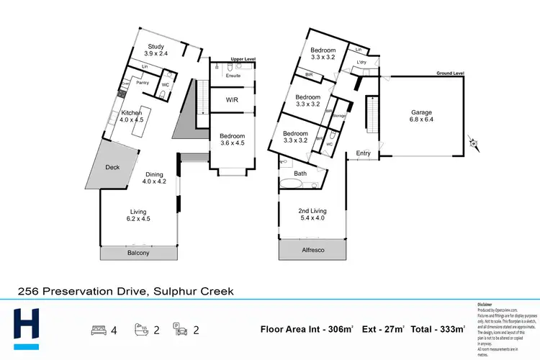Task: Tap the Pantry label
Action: click(x=143, y=83)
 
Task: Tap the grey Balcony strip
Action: click(x=139, y=253)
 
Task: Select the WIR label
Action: click(x=232, y=99)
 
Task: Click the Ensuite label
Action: click(x=233, y=76)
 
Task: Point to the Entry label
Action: click(x=364, y=153)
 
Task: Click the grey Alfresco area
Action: click(x=312, y=250)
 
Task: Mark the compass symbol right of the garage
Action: click(x=473, y=143)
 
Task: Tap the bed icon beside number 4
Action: click(x=97, y=330)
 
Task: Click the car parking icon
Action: click(x=182, y=330)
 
